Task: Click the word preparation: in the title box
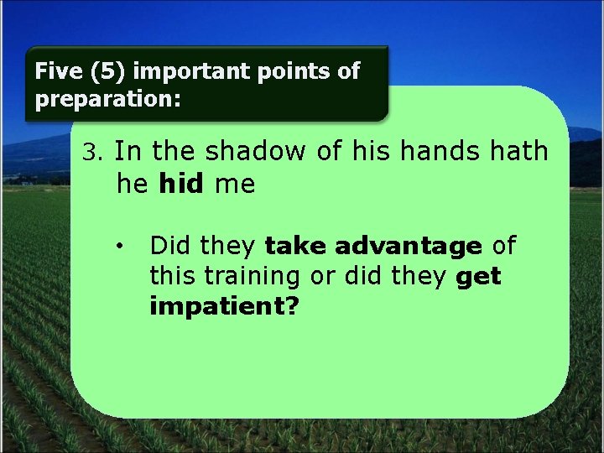(107, 99)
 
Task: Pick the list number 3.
(91, 153)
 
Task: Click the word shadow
(258, 152)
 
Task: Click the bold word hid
(180, 184)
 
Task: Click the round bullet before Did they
(122, 247)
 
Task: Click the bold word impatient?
(224, 306)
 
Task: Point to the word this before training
(171, 275)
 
